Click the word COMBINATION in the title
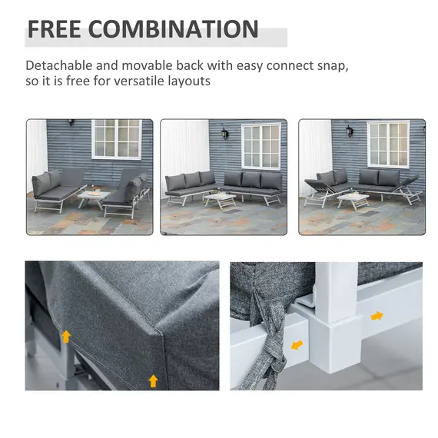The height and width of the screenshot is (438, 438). click(x=172, y=29)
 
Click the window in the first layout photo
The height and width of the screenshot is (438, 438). click(x=118, y=138)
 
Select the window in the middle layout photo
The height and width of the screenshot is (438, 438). click(x=261, y=145)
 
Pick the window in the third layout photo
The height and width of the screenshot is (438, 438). click(x=388, y=143)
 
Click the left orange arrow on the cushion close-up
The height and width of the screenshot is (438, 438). click(x=67, y=336)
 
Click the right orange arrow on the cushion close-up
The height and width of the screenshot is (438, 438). click(x=153, y=380)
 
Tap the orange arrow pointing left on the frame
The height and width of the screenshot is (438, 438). click(x=297, y=345)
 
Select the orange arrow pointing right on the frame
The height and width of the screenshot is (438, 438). click(x=377, y=315)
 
